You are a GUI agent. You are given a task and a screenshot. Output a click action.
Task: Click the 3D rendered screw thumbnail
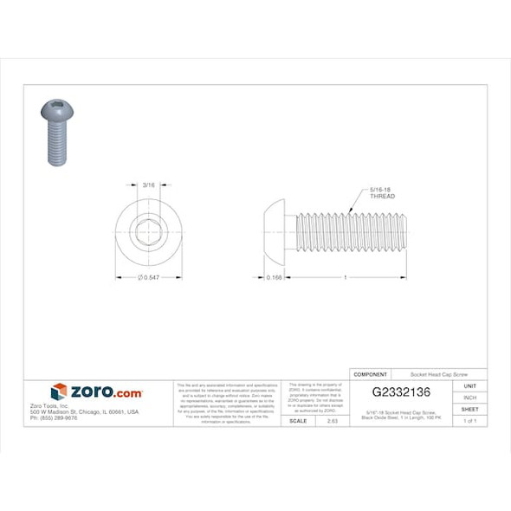coord(55,131)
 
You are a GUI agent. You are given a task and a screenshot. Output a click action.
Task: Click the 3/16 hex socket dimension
coord(148,184)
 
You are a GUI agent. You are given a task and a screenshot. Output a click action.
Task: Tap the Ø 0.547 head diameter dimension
coord(148,277)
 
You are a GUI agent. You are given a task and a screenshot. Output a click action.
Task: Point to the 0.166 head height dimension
coord(275,277)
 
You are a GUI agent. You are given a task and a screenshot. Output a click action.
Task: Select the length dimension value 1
coord(346,277)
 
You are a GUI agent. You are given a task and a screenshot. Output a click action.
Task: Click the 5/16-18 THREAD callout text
coord(382,193)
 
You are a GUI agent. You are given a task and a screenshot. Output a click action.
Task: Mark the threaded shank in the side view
coord(351,231)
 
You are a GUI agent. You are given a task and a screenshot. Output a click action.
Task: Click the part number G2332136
coord(401,392)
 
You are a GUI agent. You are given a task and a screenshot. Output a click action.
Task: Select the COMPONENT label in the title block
coord(371,374)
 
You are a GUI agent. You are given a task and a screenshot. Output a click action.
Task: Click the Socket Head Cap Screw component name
coord(437,374)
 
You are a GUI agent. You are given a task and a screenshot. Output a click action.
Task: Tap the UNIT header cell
coord(470,386)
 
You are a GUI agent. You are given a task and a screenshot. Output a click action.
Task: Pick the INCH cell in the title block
coord(470,398)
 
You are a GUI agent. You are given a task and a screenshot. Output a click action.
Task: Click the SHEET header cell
coord(470,409)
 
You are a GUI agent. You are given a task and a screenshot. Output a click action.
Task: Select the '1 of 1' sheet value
coord(470,420)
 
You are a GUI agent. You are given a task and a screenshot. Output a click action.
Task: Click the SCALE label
coord(297,420)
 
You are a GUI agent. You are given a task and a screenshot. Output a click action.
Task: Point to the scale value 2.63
coord(332,420)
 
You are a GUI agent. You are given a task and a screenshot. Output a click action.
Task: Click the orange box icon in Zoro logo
coord(59,392)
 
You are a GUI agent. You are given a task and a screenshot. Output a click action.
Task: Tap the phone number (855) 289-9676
coord(54,417)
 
